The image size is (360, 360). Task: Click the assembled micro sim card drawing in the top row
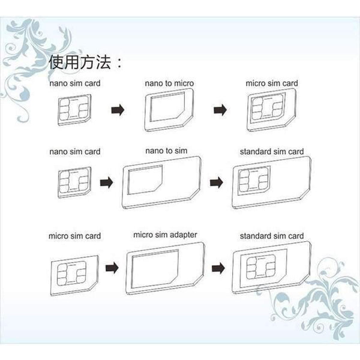point(272,111)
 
